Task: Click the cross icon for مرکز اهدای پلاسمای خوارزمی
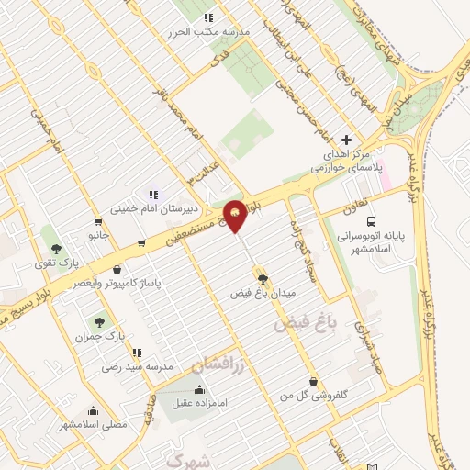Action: pos(346,140)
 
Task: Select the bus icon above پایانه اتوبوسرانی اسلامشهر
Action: pos(371,221)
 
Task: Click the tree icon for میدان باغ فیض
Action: pos(263,278)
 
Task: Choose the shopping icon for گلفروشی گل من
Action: pos(314,381)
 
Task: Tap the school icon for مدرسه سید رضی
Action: pos(137,352)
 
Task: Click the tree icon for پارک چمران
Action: pos(98,321)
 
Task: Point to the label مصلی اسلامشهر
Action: pos(93,424)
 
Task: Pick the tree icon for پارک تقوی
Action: pos(56,248)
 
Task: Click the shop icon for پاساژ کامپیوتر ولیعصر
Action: pos(117,270)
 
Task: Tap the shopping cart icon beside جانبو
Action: pos(98,221)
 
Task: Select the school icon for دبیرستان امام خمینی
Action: pos(152,194)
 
